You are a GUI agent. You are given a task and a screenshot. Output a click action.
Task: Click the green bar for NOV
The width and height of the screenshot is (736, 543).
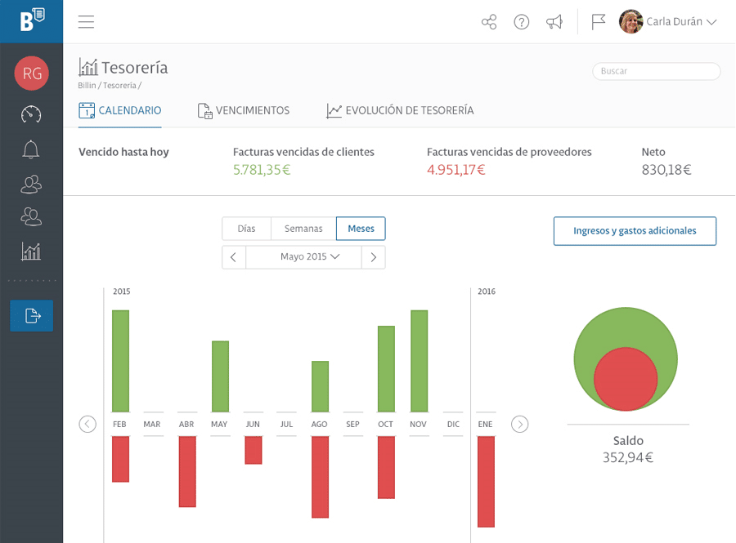click(420, 361)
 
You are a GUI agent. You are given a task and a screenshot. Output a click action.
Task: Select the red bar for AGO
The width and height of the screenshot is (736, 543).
click(320, 477)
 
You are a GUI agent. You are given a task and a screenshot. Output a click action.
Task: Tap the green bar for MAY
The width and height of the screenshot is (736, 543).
click(220, 376)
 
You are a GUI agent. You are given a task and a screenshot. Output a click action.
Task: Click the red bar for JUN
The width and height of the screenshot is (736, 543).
click(254, 450)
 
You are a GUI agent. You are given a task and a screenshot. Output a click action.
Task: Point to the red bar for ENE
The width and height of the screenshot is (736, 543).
click(487, 482)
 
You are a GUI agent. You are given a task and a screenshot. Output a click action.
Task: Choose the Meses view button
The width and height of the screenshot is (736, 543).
click(361, 229)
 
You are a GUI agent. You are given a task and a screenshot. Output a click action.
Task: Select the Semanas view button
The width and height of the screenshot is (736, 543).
click(303, 229)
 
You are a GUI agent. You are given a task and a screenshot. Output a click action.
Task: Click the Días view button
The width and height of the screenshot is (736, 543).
click(246, 229)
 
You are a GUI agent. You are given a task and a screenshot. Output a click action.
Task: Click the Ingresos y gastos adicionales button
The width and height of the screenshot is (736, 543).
click(635, 231)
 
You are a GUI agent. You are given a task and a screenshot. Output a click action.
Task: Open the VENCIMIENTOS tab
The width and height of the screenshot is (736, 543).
click(244, 110)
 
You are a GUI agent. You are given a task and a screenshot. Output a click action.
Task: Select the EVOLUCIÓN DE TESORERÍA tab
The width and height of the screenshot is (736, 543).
click(400, 110)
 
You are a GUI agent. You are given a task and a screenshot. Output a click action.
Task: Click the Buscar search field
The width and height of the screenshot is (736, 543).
click(656, 71)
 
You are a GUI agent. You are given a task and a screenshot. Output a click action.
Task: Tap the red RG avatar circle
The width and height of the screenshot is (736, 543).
click(32, 73)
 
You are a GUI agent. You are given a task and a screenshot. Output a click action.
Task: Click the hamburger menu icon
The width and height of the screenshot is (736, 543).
click(87, 21)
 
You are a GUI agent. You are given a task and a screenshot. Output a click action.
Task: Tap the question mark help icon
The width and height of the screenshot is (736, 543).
click(522, 21)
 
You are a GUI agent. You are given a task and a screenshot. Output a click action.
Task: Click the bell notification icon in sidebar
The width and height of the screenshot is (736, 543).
click(31, 149)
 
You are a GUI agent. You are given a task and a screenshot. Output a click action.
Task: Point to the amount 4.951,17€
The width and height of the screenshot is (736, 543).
click(456, 170)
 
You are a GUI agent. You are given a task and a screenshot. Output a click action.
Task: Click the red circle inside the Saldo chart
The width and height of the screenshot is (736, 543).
click(626, 379)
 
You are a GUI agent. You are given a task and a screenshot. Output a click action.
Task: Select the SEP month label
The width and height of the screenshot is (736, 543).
click(352, 424)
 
